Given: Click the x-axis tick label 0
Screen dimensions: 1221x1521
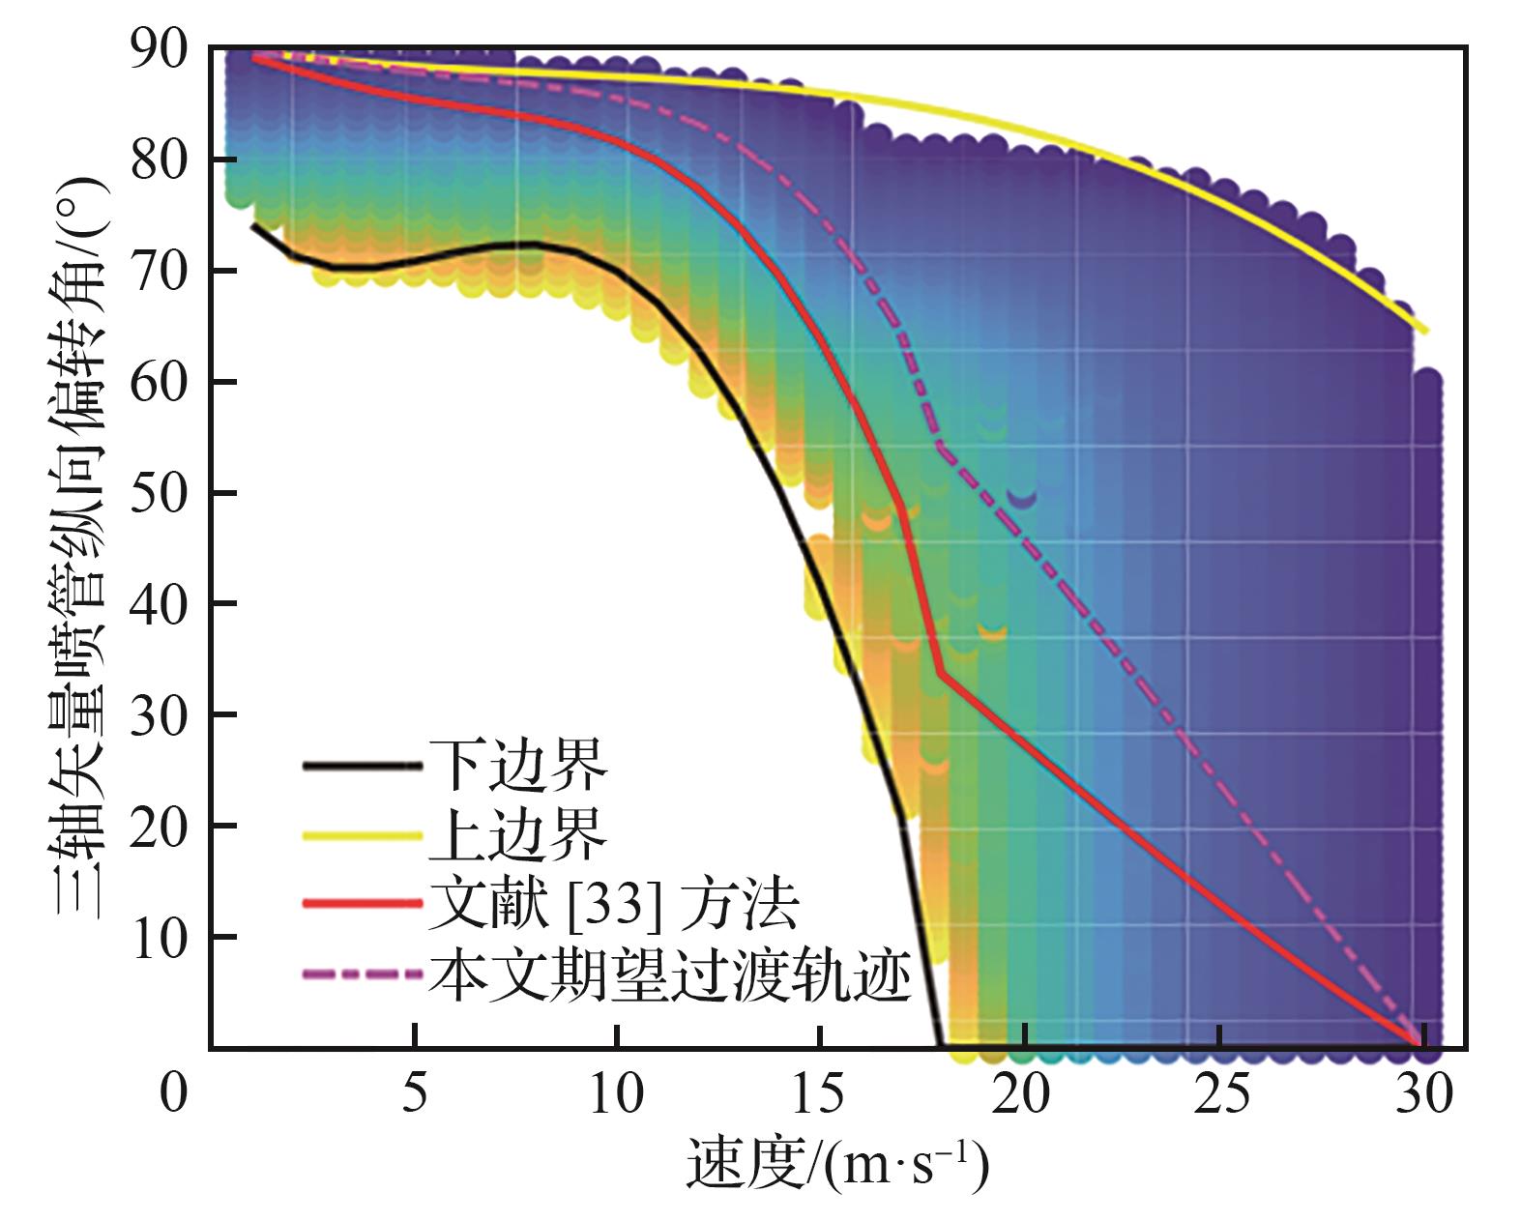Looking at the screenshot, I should point(173,1094).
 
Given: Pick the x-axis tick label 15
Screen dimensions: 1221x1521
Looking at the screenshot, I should point(820,1094).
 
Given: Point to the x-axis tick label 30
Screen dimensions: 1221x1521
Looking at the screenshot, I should point(1425,1094).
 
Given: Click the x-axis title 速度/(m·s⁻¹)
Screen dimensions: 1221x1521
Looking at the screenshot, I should point(837,1164).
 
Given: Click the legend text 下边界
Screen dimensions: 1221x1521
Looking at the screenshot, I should point(517,766).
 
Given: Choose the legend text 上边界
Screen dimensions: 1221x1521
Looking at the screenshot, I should point(517,835).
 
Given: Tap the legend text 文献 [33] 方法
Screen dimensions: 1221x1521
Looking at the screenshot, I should point(614,905).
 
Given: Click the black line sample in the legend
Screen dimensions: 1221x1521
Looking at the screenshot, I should point(363,767).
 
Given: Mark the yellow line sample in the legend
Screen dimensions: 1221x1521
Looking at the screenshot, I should point(363,835).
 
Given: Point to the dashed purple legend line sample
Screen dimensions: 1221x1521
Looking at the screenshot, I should point(363,974).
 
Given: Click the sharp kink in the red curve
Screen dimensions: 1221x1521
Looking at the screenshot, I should point(940,673).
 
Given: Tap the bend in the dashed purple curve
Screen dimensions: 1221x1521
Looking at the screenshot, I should point(941,447).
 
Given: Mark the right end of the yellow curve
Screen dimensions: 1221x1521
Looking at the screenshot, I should point(1426,332).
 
